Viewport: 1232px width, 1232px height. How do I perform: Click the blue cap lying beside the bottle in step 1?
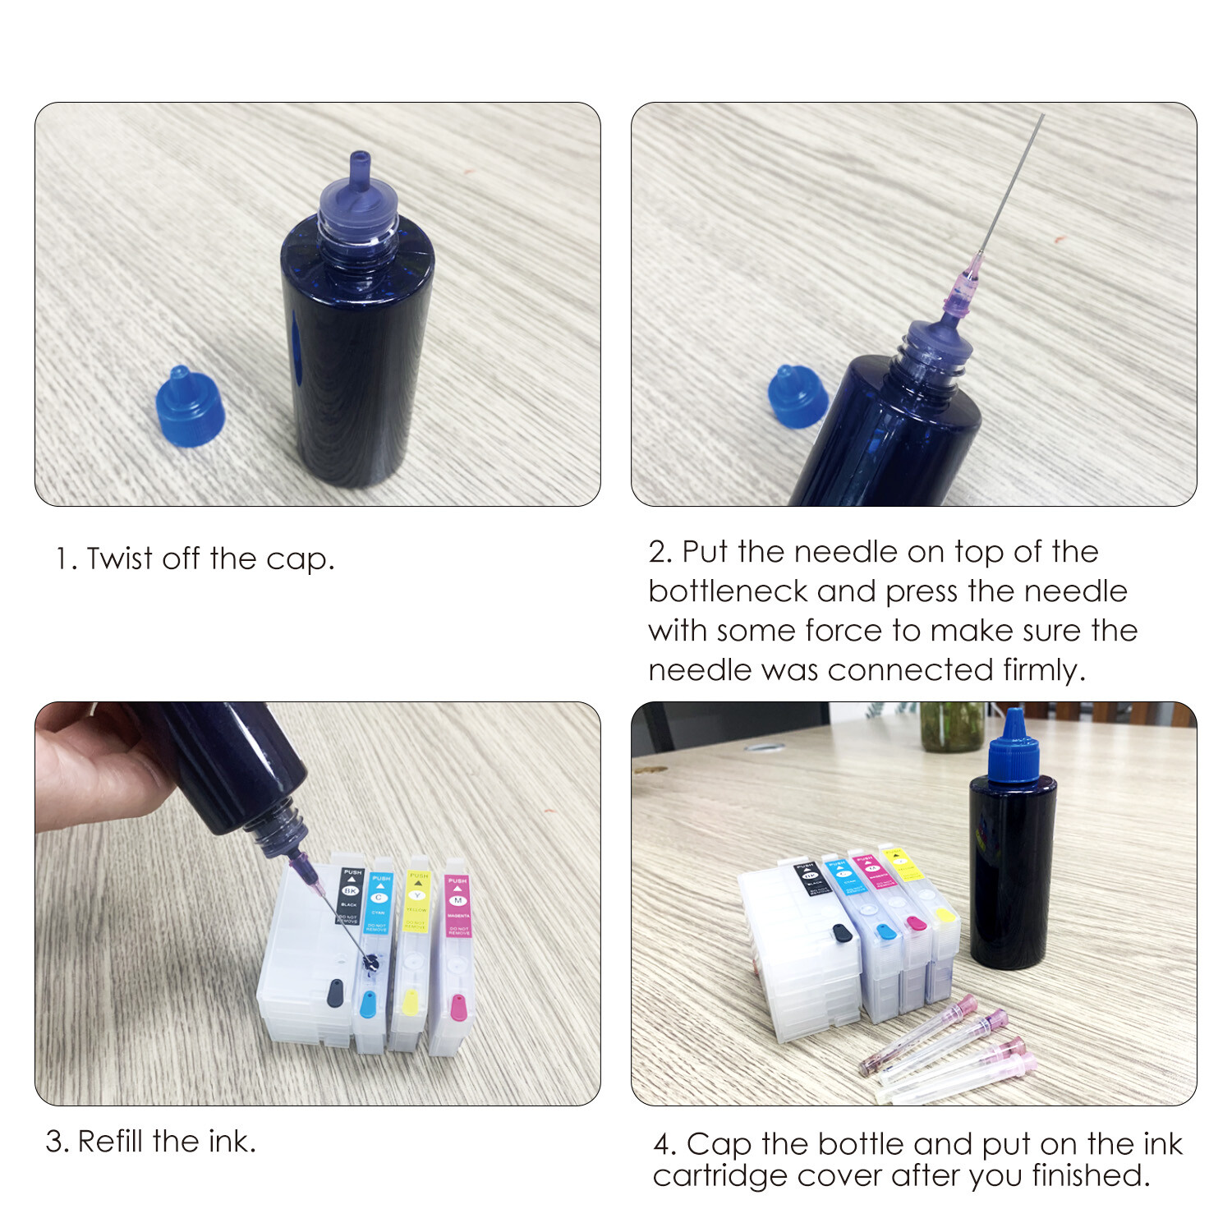190,407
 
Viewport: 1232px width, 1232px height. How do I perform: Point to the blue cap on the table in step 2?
796,397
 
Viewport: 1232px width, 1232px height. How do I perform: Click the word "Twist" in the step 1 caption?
120,559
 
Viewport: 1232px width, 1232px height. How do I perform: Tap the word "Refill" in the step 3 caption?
111,1142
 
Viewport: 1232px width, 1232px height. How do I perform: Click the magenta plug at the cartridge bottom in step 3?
458,1006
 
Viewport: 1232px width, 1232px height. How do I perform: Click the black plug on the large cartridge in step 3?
335,992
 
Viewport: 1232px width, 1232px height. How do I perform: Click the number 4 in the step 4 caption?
662,1144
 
